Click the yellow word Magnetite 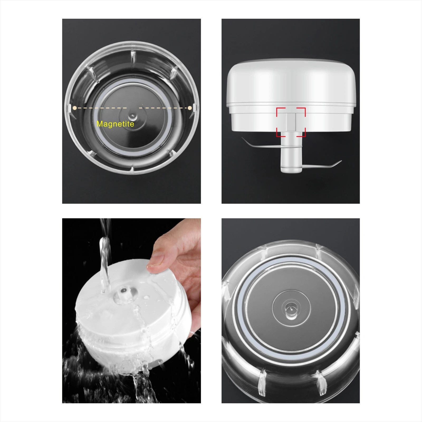pyautogui.click(x=115, y=124)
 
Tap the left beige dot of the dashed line pyautogui.click(x=75, y=108)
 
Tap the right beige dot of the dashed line pyautogui.click(x=190, y=108)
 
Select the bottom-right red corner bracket pyautogui.click(x=301, y=133)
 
